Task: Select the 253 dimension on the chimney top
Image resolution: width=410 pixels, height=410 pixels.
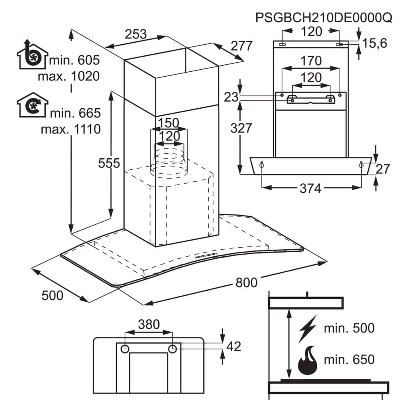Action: click(136, 34)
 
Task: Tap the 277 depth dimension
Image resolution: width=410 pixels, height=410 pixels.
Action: click(241, 46)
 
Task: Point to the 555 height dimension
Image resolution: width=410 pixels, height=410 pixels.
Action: click(109, 163)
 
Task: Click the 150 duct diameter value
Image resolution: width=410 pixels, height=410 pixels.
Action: click(169, 123)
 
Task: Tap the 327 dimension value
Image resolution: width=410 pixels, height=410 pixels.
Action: click(241, 128)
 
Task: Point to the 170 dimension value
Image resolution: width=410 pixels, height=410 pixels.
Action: click(310, 61)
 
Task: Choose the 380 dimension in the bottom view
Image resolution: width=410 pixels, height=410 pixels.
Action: click(148, 325)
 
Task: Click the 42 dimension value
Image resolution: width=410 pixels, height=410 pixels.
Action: click(234, 346)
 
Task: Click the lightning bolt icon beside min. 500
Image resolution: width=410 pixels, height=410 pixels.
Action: click(308, 328)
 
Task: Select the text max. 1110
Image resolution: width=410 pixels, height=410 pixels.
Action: click(71, 130)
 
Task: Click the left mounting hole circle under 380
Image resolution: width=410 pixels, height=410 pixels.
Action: click(125, 349)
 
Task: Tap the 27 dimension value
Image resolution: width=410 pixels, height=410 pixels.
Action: click(383, 169)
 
